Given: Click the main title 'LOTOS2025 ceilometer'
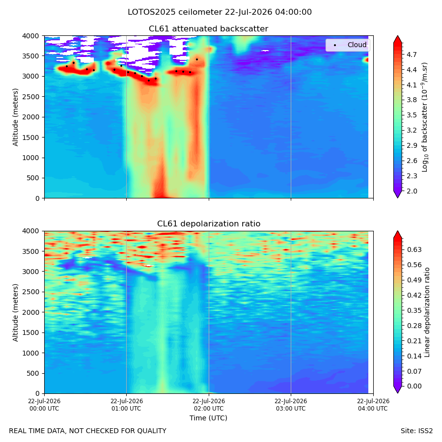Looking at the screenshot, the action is pos(175,12).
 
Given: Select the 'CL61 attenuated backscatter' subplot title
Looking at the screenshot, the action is pos(208,29).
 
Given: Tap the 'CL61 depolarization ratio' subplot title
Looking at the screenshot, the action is pos(209,223).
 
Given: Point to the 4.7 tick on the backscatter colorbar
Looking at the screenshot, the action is pos(412,55).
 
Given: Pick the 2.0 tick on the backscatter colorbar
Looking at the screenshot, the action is pos(412,191).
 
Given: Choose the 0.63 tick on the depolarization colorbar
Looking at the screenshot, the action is pos(414,249).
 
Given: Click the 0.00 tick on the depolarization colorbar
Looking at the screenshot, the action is pos(414,386).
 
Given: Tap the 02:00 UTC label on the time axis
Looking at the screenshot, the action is pos(209,405).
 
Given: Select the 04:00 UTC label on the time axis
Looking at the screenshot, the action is pos(373,405).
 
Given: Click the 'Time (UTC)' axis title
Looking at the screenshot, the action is pos(208,418).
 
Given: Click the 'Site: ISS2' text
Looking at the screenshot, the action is pos(416,431).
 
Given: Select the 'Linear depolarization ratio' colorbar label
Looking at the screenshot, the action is pos(427,312).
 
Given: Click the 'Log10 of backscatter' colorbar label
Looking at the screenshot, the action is pos(425,117).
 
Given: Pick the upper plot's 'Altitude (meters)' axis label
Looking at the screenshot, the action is pos(15,117).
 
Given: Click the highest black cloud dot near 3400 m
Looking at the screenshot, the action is pos(197,59).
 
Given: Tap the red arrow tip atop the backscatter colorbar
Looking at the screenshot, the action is pos(397,36).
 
